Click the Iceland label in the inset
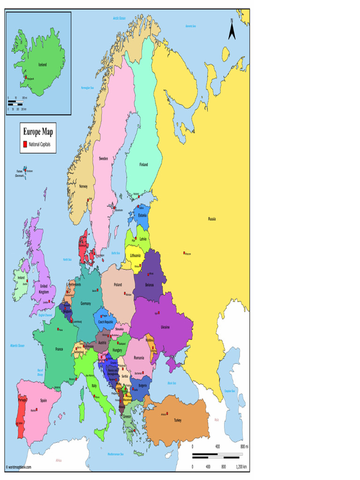(x=42, y=65)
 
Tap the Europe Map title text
(x=38, y=132)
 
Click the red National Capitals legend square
(x=25, y=144)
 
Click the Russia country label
(x=212, y=219)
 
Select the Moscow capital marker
(x=184, y=254)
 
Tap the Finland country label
(x=143, y=165)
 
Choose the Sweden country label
(x=104, y=158)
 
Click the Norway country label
(x=83, y=186)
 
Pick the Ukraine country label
(x=165, y=326)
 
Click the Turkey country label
(x=177, y=420)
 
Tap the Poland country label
(x=118, y=285)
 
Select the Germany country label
(x=86, y=304)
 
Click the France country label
(x=59, y=349)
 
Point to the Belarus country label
(x=150, y=285)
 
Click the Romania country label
(x=139, y=358)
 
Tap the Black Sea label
(x=172, y=383)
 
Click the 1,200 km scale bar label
(x=241, y=467)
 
